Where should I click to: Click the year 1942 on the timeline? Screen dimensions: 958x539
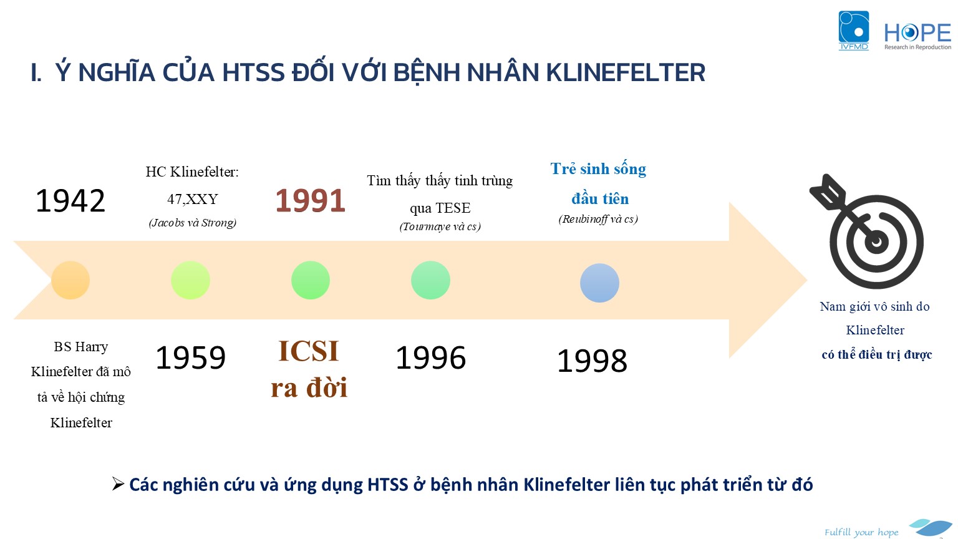pos(70,201)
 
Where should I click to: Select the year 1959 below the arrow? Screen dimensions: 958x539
pos(190,357)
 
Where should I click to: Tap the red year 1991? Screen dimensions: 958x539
pos(310,201)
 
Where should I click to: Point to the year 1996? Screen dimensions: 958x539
pos(431,357)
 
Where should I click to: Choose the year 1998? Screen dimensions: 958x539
pos(592,360)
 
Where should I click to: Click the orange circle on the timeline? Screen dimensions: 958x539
pos(70,280)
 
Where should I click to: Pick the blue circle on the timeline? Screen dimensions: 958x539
pos(599,283)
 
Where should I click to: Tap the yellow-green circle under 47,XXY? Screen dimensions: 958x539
pos(191,280)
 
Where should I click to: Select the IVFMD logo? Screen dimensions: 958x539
pos(854,31)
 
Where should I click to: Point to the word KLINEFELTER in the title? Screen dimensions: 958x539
pos(626,72)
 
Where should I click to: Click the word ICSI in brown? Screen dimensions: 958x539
pos(308,351)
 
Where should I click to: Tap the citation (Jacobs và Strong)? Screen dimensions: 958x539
pos(193,223)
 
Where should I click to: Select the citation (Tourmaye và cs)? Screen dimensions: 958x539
pos(440,226)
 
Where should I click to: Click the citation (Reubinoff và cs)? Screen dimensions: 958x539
pos(598,219)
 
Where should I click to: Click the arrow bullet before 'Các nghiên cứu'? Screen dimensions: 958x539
pos(118,484)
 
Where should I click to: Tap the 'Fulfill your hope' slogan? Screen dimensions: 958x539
pos(861,532)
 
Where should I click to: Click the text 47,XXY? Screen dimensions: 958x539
pos(193,199)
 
